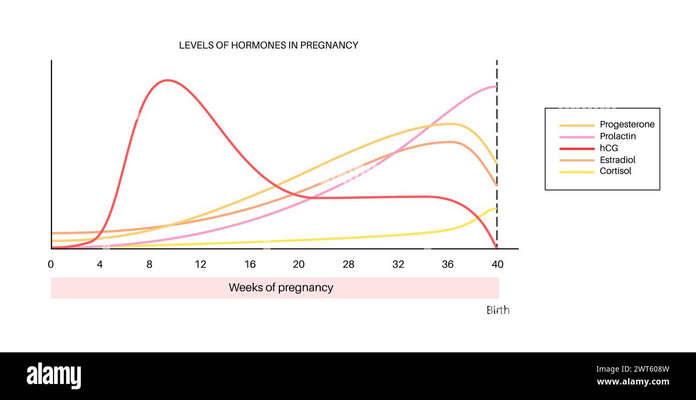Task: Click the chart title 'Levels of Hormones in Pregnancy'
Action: tap(268, 46)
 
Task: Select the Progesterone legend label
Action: tap(627, 125)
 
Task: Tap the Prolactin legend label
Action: tap(617, 137)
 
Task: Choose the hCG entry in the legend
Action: tap(609, 148)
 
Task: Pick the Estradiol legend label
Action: tap(617, 160)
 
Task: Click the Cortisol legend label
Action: tap(615, 171)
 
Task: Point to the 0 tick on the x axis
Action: tap(51, 264)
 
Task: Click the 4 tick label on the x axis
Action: tap(100, 264)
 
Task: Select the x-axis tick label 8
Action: tap(149, 264)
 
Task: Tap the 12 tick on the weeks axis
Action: tap(200, 264)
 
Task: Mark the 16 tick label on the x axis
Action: tap(250, 264)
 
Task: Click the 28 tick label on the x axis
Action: tap(349, 264)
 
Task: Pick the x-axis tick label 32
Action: tap(398, 264)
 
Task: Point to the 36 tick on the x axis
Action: tap(448, 264)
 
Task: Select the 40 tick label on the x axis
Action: tap(497, 264)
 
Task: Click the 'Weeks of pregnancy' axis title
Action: tap(281, 288)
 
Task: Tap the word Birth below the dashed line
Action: tap(497, 310)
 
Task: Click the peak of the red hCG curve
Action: tap(168, 80)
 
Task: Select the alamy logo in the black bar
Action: tap(54, 375)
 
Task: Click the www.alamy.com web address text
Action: tap(632, 382)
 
